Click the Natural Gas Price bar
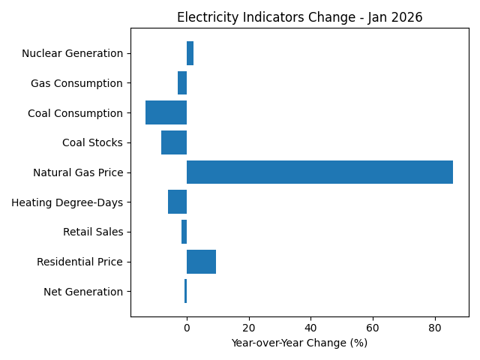pyautogui.click(x=319, y=172)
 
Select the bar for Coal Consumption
pyautogui.click(x=166, y=112)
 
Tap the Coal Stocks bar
pyautogui.click(x=174, y=142)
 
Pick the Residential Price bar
pyautogui.click(x=201, y=262)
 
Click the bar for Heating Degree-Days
pyautogui.click(x=177, y=202)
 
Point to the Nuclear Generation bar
pyautogui.click(x=190, y=53)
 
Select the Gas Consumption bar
pyautogui.click(x=182, y=82)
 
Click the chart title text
pyautogui.click(x=299, y=17)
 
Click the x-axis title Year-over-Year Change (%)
pyautogui.click(x=299, y=343)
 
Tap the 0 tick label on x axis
pyautogui.click(x=187, y=328)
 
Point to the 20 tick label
pyautogui.click(x=248, y=328)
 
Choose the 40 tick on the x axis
pyautogui.click(x=310, y=328)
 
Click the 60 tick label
pyautogui.click(x=373, y=328)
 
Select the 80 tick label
pyautogui.click(x=434, y=328)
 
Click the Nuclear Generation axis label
pyautogui.click(x=72, y=53)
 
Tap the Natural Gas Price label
pyautogui.click(x=78, y=172)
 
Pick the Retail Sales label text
pyautogui.click(x=93, y=232)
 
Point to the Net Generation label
pyautogui.click(x=83, y=292)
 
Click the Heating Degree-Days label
pyautogui.click(x=67, y=202)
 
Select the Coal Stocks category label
pyautogui.click(x=92, y=142)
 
